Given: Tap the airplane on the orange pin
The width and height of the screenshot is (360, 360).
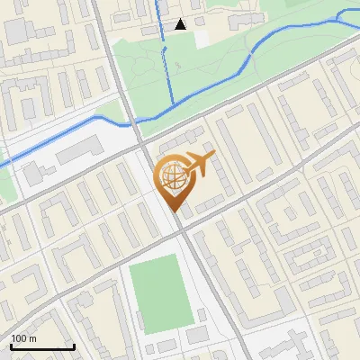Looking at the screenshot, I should coord(198,165).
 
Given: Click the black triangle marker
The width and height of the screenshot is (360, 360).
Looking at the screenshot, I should coord(181,24).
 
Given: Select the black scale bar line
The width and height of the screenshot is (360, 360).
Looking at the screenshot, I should coord(42,346).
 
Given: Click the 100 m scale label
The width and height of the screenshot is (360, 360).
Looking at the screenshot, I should coord(23,338).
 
